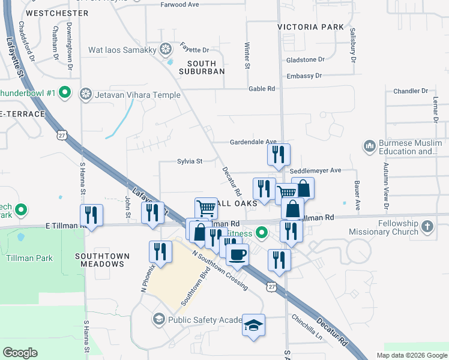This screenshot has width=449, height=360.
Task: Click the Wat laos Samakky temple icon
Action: pos(165,50)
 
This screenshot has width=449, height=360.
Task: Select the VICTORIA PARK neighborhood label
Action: pos(311,27)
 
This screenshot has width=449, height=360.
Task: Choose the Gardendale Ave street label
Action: pos(253,142)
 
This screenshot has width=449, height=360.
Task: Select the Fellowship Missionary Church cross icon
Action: pos(427,226)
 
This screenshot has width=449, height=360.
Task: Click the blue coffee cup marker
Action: pos(237,254)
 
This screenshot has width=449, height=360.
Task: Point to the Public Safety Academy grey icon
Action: pos(159,319)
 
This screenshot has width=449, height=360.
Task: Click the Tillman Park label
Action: pos(29,259)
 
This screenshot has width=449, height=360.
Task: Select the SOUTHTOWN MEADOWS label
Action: pos(102,260)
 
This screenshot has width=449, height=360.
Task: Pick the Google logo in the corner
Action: pos(20,353)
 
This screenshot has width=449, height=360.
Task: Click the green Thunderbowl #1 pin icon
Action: pos(65,94)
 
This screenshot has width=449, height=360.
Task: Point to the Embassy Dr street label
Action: pos(304,76)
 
